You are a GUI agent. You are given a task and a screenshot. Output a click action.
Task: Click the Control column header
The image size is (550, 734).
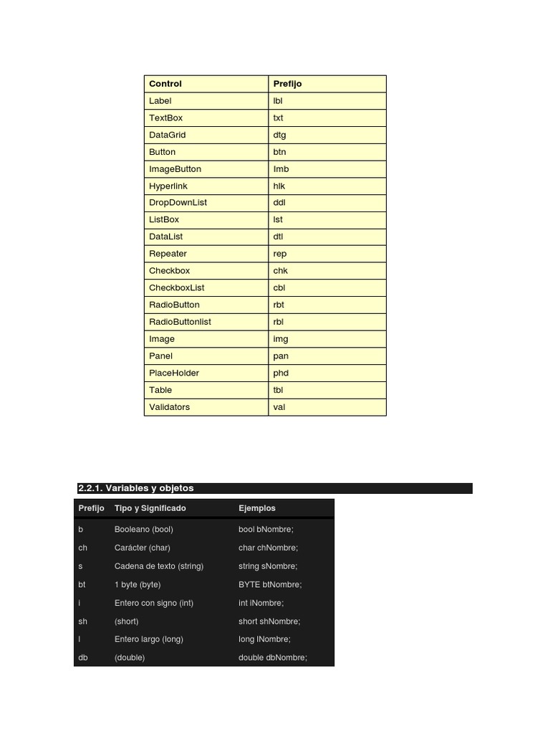point(165,84)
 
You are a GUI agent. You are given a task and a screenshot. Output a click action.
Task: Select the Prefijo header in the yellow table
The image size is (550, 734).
point(287,84)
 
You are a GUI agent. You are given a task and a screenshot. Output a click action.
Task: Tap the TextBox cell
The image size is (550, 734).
point(165,118)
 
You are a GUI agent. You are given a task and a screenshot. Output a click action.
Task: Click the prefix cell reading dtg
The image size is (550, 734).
point(279,135)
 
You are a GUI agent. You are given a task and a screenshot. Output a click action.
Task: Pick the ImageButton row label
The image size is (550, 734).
point(175,169)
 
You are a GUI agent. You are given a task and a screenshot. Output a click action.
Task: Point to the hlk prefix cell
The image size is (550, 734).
point(279,186)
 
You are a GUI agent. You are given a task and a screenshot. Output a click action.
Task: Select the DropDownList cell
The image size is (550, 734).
point(178,203)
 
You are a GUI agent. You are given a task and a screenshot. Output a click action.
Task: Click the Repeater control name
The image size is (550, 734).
point(168,254)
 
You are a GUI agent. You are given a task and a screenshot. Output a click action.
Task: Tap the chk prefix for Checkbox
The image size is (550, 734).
point(280,271)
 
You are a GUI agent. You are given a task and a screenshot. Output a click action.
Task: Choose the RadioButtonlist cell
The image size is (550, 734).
point(180,322)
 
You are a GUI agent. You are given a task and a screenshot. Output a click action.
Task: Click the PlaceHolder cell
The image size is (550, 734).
point(174,373)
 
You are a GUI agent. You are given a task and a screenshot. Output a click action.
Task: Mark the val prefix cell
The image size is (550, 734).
point(279,407)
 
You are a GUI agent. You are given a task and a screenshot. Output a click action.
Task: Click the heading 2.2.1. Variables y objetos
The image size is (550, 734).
point(136,488)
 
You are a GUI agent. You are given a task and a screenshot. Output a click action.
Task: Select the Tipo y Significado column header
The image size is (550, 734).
point(150,508)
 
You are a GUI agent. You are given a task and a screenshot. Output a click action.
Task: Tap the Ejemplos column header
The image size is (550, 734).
point(256,508)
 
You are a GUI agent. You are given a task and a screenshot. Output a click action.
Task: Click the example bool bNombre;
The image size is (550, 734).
point(266,530)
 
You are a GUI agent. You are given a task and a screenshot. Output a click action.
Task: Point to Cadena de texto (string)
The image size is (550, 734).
point(158,566)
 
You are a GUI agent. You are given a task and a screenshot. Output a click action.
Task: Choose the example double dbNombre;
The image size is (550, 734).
point(272,658)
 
